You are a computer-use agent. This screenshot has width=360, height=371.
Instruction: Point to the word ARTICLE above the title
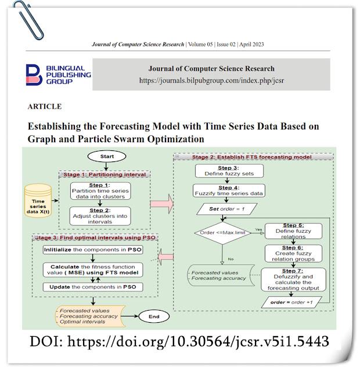(x=44, y=107)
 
